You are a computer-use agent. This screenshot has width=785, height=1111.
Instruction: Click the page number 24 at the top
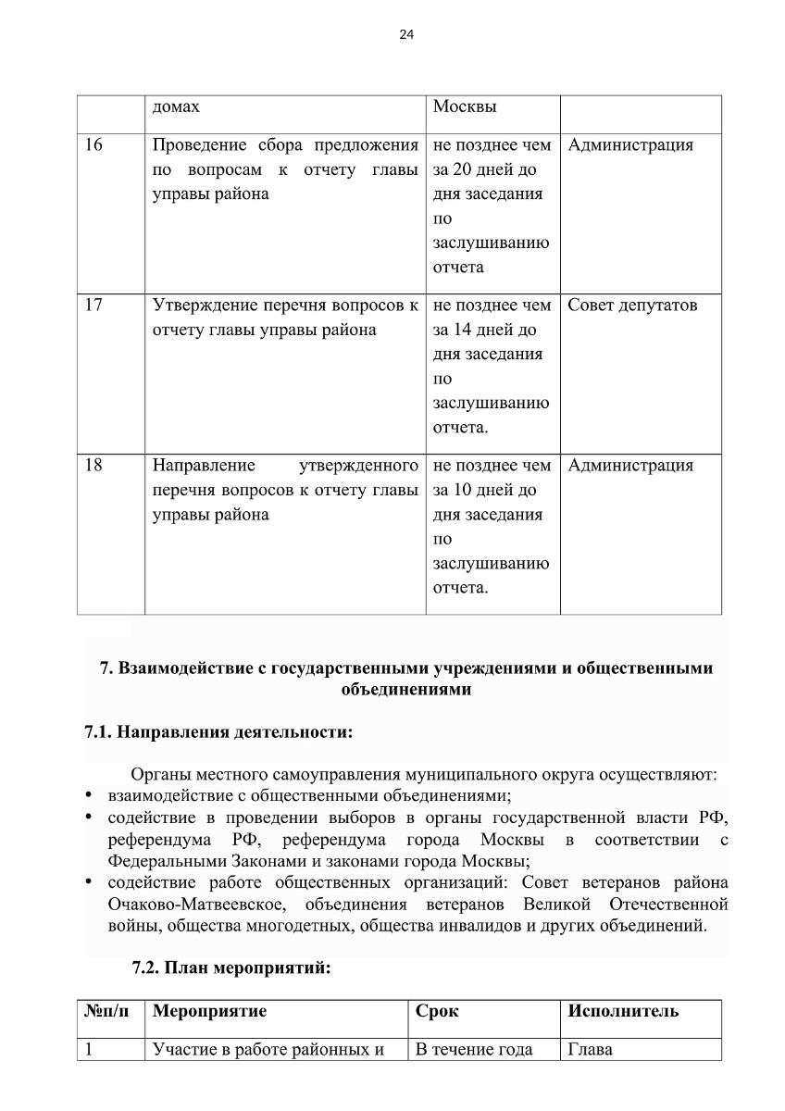(x=406, y=35)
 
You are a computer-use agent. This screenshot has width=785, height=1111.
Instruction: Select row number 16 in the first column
(x=93, y=145)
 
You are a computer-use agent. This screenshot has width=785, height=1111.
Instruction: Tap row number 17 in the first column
(x=93, y=306)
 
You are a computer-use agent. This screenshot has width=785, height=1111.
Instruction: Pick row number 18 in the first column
(x=93, y=466)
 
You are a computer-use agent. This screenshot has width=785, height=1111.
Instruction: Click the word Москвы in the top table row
(x=465, y=106)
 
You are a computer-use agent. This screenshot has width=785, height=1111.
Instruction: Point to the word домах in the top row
(x=176, y=106)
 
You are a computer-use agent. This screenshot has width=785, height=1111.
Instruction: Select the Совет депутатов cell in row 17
(x=632, y=306)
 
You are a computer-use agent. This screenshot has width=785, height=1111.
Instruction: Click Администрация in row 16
(x=630, y=145)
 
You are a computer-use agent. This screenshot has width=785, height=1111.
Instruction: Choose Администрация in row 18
(x=630, y=466)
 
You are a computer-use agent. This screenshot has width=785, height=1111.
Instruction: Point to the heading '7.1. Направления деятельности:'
(x=218, y=733)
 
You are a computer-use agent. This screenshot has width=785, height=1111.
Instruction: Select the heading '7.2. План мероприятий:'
(x=231, y=969)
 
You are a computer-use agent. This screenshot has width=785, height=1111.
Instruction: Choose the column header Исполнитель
(x=623, y=1011)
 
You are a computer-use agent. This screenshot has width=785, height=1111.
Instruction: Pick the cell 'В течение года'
(x=474, y=1050)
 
